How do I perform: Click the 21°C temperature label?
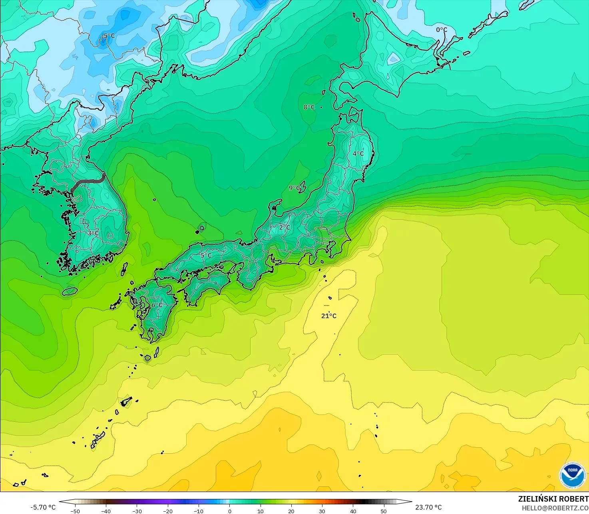(329, 316)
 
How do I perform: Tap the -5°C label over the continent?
(108, 36)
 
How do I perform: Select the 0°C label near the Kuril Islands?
(442, 30)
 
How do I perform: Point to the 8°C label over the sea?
(309, 107)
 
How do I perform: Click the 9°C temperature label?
(294, 188)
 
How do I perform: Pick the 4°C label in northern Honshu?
(358, 153)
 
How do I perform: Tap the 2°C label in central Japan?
(285, 228)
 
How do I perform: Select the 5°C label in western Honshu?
(206, 256)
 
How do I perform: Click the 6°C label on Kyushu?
(157, 305)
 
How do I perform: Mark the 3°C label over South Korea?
(93, 233)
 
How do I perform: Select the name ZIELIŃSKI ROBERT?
(553, 499)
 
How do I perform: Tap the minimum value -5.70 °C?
(43, 507)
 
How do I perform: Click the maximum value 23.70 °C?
(428, 507)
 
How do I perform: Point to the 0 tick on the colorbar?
(230, 511)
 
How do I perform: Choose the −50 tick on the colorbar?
(75, 511)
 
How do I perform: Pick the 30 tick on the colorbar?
(322, 511)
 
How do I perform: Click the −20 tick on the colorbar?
(168, 511)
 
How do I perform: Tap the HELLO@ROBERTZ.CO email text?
(555, 508)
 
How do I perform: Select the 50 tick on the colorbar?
(384, 511)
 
